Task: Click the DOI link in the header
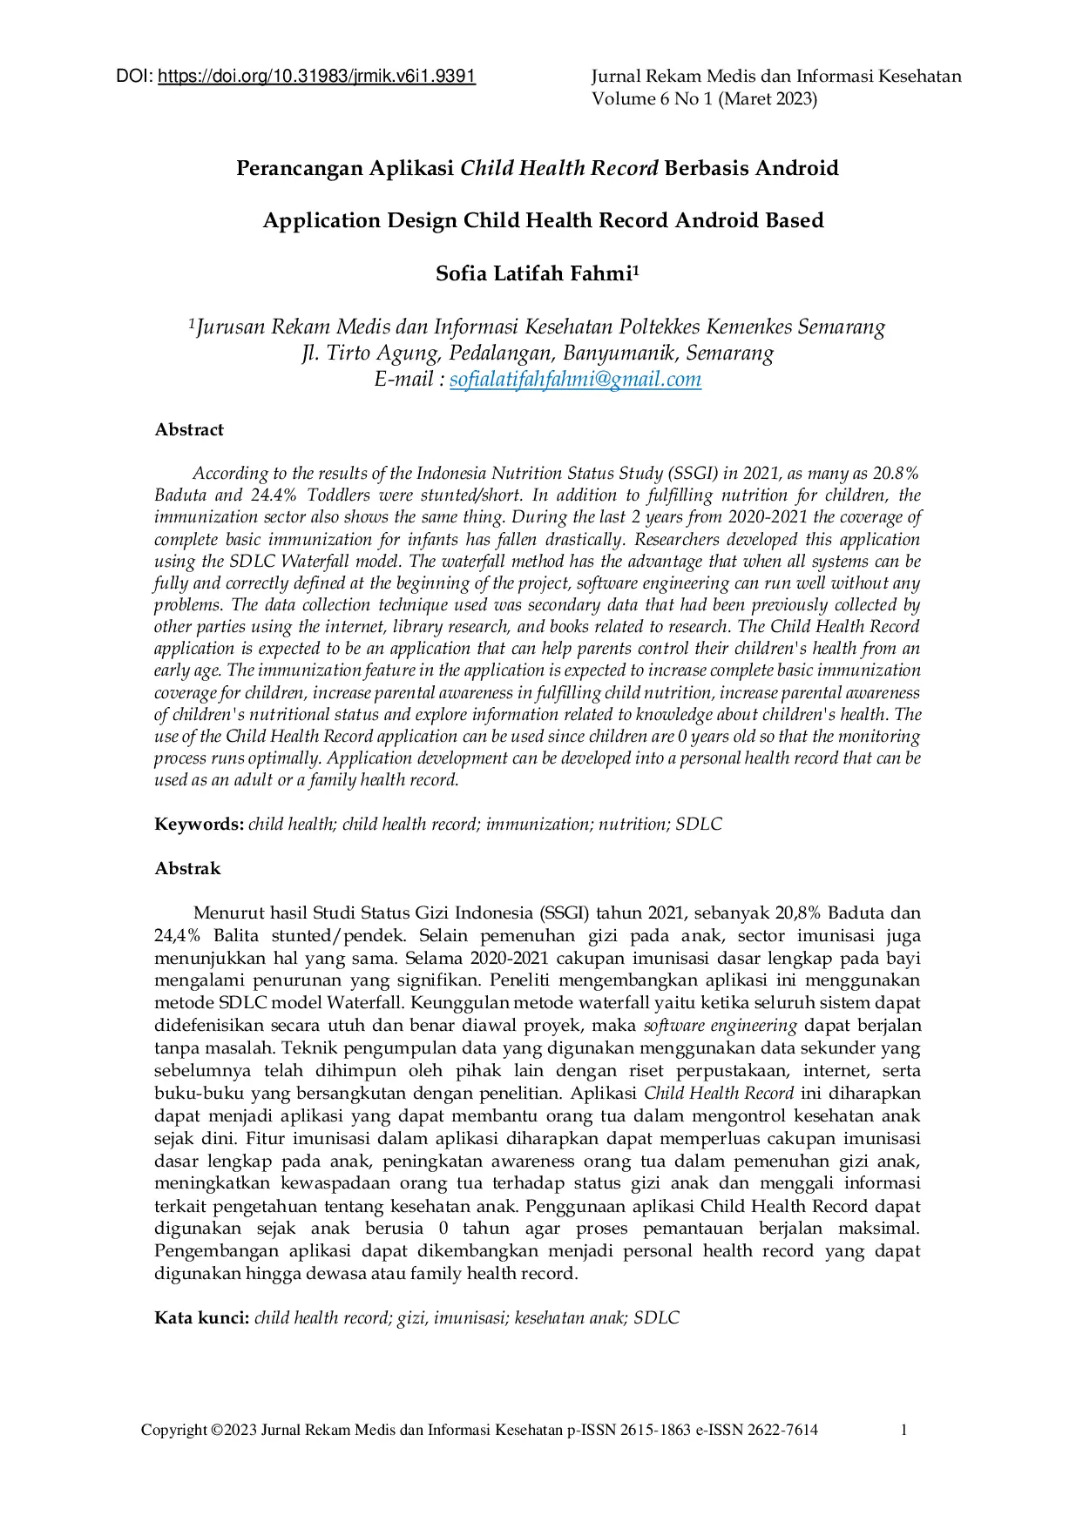coord(316,77)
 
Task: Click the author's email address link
coord(575,380)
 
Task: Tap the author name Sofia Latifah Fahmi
coord(533,274)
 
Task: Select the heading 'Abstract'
coord(189,430)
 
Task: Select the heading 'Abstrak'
coord(187,869)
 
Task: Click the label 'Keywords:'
coord(199,825)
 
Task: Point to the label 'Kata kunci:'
coord(202,1318)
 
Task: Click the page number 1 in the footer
coord(904,1430)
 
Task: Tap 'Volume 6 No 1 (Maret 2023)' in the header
coord(704,99)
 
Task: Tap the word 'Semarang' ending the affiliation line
coord(841,328)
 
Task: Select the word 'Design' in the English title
coord(422,221)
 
